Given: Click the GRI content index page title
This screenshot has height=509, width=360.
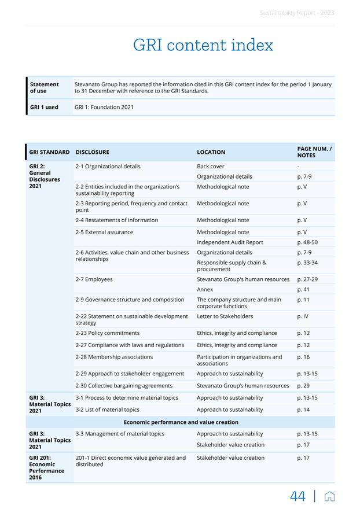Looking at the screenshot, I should pos(203,45).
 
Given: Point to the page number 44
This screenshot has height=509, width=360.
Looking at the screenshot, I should pos(298,496).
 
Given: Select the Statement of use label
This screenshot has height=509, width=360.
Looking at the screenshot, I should pos(44,88).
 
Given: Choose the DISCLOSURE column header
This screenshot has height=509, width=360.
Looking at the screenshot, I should pos(92,153).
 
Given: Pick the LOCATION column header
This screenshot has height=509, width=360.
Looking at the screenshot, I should pos(211,153).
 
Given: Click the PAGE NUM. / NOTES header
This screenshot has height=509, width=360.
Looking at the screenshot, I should pos(314,152).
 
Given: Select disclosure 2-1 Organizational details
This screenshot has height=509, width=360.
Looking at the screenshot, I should pos(108,167).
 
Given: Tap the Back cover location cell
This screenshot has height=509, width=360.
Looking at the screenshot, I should pos(211,167).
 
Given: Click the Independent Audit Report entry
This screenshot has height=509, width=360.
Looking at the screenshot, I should pos(230,242).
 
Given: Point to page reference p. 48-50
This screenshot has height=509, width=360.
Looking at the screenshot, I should pos(307,242).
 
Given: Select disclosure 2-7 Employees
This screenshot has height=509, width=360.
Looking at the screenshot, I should pos(94,279).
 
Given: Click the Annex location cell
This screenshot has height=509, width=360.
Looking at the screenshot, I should pos(205,290).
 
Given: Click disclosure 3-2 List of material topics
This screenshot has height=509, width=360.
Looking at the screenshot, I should pos(107,410).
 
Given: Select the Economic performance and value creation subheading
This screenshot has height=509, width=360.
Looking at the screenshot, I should pos(181,422).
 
